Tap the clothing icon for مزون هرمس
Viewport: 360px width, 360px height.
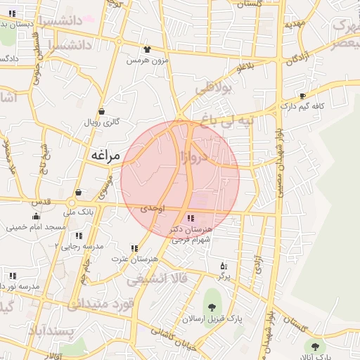(147, 49)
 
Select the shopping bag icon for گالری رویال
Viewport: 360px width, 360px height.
(102, 111)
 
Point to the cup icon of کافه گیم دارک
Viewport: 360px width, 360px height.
(303, 96)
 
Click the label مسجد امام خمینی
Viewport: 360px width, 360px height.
(36, 227)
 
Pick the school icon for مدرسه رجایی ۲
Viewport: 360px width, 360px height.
(79, 236)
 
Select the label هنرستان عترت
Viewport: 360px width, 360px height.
(134, 259)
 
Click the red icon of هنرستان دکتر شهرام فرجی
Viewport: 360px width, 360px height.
(191, 218)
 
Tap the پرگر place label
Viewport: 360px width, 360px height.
(224, 276)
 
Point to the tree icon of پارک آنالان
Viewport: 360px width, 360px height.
(314, 345)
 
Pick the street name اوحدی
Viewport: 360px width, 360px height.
(152, 209)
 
